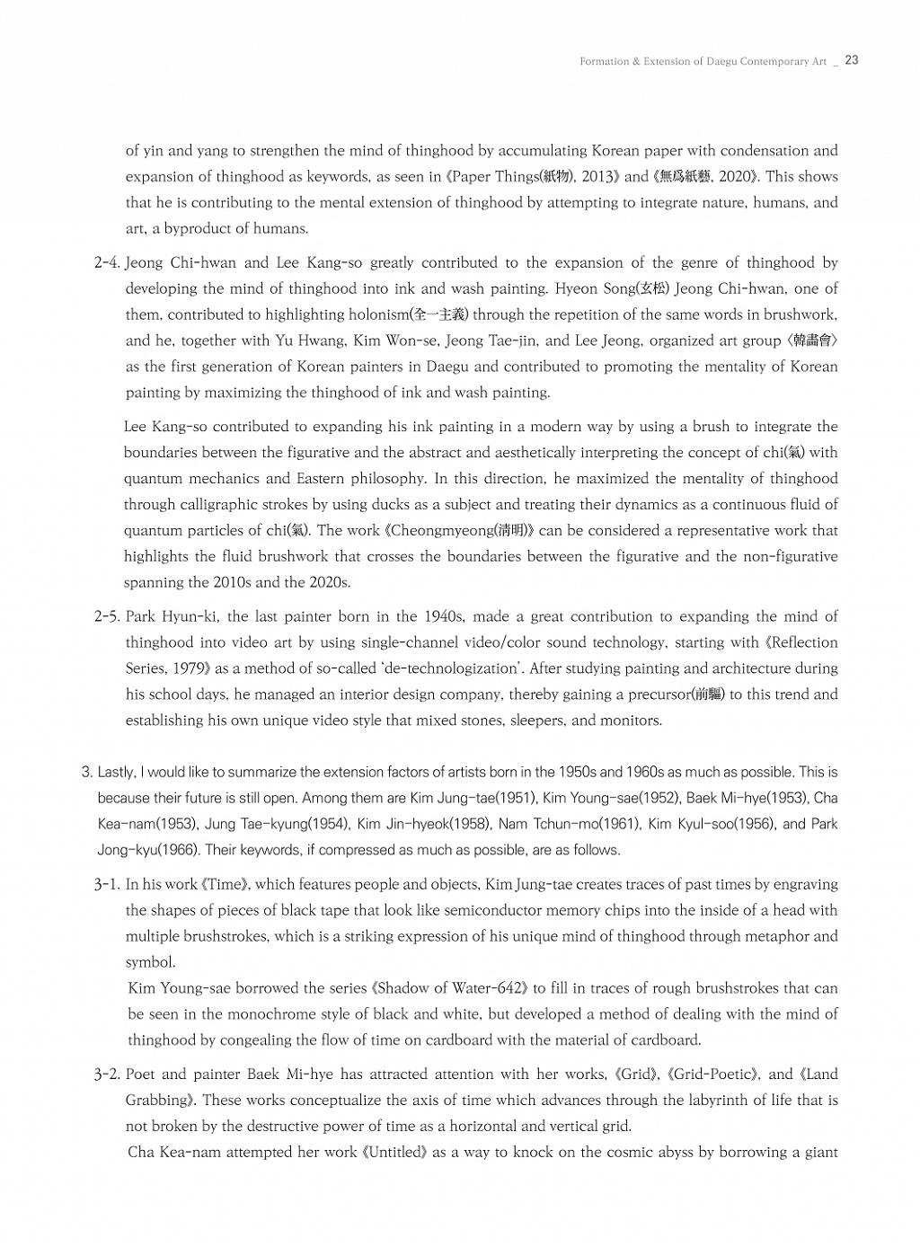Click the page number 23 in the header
852,60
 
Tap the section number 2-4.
107,263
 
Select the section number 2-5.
107,617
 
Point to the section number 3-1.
107,885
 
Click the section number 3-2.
107,1075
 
